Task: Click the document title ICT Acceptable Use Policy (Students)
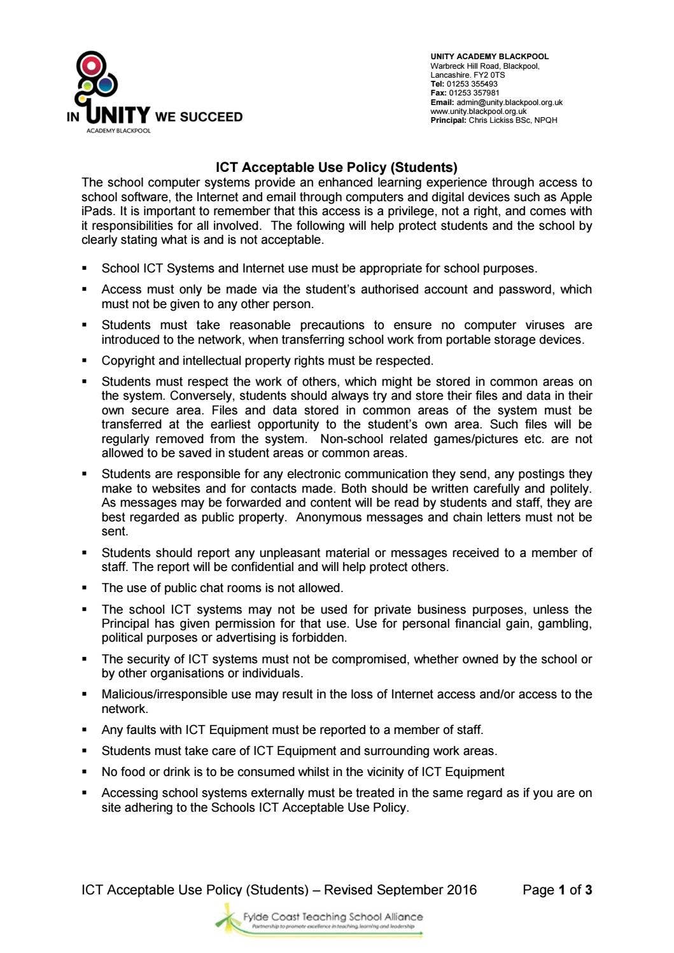[x=336, y=168]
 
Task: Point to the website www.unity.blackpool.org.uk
[x=478, y=111]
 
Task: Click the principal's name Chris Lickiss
[x=490, y=120]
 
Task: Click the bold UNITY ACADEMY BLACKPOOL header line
[x=489, y=57]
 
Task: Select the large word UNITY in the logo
[x=117, y=115]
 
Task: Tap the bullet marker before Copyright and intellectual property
[x=85, y=361]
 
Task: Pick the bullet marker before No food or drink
[x=85, y=772]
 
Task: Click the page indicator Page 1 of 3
[x=557, y=890]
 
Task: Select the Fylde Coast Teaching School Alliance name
[x=333, y=917]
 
